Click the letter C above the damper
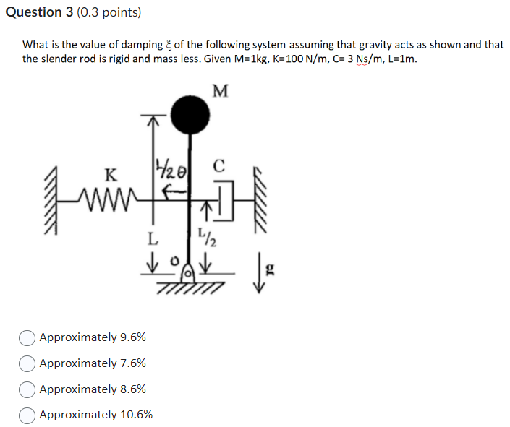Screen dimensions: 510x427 [x=220, y=165]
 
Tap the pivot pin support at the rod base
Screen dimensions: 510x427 [x=187, y=274]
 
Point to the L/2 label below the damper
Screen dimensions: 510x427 [x=205, y=236]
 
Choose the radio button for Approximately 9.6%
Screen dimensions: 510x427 [x=27, y=337]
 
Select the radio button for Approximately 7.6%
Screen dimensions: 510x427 [x=27, y=363]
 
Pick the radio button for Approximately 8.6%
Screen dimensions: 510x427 [x=27, y=389]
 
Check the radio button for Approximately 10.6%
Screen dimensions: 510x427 [x=27, y=415]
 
